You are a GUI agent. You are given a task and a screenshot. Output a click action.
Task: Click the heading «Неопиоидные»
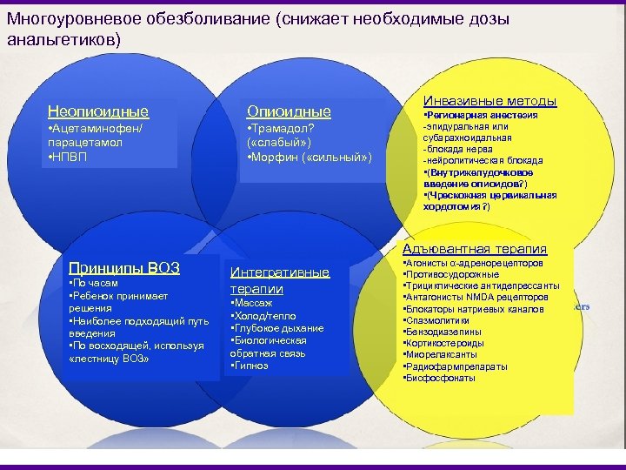pyautogui.click(x=97, y=111)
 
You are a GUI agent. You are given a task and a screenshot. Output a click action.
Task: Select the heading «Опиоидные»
pyautogui.click(x=289, y=111)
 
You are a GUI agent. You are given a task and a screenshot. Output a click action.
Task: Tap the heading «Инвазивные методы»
pyautogui.click(x=489, y=101)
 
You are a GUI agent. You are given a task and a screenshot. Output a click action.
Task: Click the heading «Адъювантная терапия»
pyautogui.click(x=475, y=249)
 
